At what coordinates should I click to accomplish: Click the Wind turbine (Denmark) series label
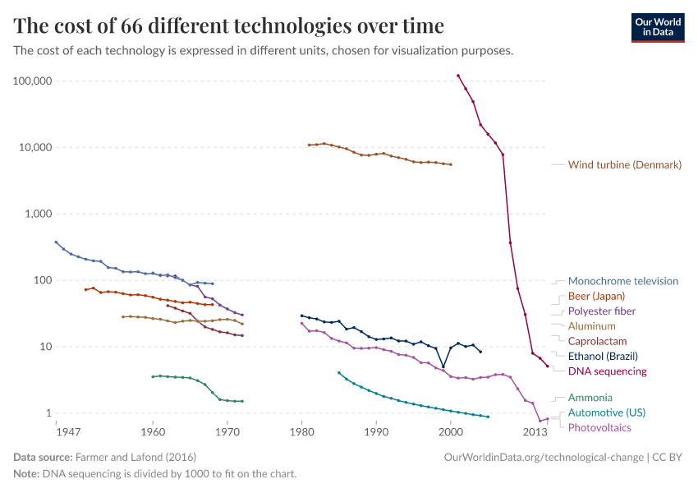tap(624, 165)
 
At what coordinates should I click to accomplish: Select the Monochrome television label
tap(622, 281)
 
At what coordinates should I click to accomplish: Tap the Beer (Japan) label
tap(596, 296)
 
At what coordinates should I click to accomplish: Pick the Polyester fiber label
tap(601, 311)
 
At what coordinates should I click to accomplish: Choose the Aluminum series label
tap(591, 326)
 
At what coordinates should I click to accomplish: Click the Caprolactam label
tap(597, 341)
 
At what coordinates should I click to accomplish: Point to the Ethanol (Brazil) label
tap(603, 357)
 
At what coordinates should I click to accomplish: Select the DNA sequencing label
tap(607, 371)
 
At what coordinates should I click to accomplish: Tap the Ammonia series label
tap(590, 398)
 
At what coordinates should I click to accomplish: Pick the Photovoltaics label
tap(599, 427)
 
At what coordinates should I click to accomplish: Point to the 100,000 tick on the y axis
tap(33, 81)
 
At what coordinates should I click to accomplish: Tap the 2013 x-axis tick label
tap(535, 431)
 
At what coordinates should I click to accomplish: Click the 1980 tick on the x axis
tap(302, 431)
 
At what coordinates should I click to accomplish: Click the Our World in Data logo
tap(657, 27)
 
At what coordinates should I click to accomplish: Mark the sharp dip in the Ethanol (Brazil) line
tap(443, 367)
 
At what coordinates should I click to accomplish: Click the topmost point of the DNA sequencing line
tap(458, 76)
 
